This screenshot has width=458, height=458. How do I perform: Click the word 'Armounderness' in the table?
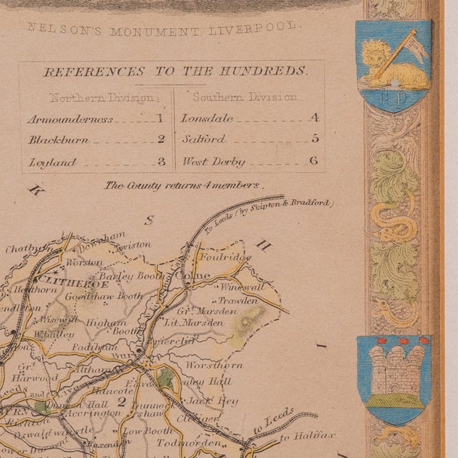point(70,120)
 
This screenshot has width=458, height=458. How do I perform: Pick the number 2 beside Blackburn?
point(161,140)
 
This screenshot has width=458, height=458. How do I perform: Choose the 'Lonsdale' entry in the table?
point(203,119)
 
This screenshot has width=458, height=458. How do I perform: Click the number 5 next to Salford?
point(314,140)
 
